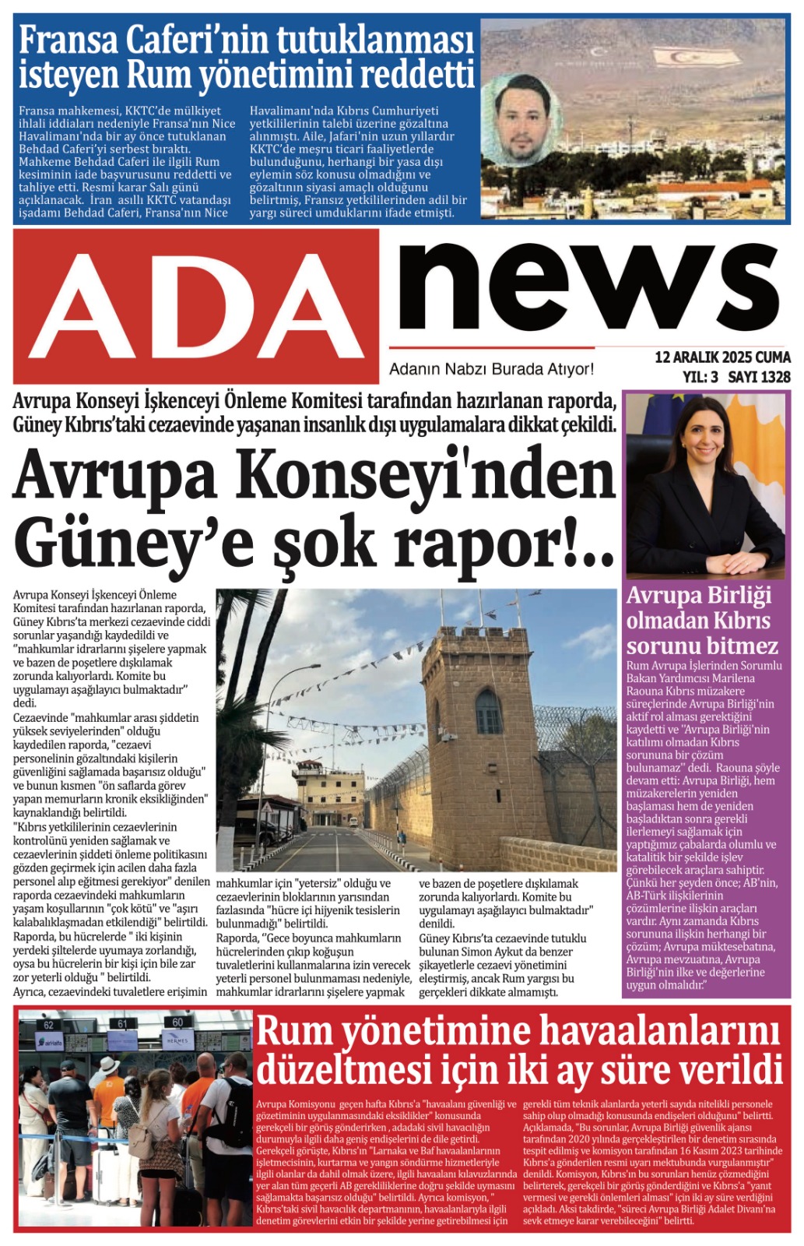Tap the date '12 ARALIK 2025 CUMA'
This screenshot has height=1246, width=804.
coord(722,357)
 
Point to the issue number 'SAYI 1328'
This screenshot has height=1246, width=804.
coord(759,377)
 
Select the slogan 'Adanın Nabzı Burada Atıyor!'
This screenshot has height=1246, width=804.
coord(491,369)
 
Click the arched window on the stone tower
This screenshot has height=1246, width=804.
coord(488,711)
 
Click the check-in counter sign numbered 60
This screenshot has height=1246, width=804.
coord(177,1022)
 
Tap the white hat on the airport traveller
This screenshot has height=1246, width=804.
coord(110,1065)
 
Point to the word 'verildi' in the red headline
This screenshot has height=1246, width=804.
coord(729,1068)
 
